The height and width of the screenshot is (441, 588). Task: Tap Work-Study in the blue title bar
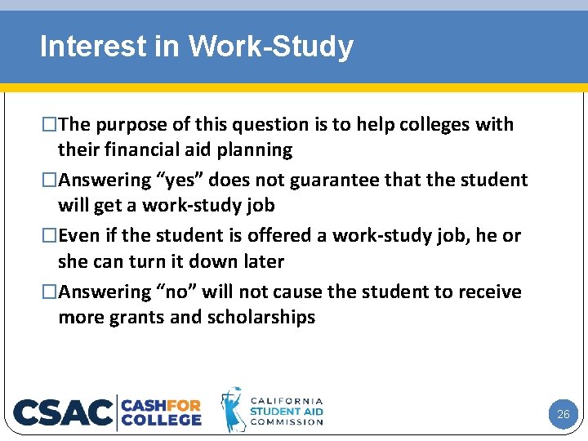click(270, 47)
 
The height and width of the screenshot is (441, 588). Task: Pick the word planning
click(256, 150)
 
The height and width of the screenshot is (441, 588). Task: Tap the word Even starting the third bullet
click(80, 236)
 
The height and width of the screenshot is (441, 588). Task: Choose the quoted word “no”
click(176, 292)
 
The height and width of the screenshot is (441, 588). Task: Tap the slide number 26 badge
click(563, 414)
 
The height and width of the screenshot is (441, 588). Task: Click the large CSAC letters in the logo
click(62, 412)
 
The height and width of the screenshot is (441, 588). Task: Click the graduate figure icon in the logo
click(233, 410)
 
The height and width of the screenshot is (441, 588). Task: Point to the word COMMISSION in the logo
click(287, 422)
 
